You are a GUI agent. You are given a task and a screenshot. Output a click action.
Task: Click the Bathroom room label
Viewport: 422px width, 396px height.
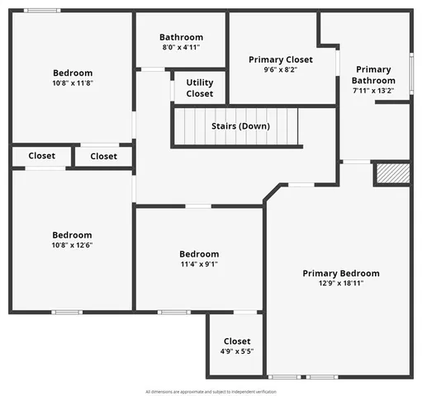pos(181,37)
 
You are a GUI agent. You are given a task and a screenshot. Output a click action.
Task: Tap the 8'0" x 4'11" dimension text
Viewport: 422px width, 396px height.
pos(181,48)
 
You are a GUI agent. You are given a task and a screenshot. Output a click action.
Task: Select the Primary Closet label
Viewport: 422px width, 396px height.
pos(281,59)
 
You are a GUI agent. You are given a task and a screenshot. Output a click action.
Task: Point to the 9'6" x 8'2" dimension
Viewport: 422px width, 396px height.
pos(281,70)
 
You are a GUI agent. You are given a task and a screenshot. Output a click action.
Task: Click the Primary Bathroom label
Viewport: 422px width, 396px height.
pos(374,74)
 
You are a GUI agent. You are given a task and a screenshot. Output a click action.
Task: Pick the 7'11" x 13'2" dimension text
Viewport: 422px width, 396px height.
pos(374,91)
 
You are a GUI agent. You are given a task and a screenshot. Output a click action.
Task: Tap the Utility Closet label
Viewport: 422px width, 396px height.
pos(199,87)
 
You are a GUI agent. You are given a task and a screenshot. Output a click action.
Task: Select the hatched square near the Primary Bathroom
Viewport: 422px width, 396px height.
pos(392,173)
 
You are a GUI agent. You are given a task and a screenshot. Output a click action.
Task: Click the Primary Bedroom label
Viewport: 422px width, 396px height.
pos(340,273)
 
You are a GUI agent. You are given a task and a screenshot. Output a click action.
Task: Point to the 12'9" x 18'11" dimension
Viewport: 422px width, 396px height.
pos(340,284)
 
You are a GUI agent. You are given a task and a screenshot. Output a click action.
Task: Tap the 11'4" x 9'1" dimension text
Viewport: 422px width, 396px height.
pos(199,264)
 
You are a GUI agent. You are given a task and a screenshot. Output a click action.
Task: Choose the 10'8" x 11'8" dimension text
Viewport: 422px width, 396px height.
pos(73,83)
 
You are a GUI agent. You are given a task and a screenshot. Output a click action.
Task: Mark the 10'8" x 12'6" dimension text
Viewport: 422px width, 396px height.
pos(73,246)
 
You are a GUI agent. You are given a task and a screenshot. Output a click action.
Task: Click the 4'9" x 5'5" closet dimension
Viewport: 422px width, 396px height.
pos(237,351)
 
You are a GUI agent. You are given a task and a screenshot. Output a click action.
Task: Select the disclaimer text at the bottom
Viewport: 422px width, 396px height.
pos(211,391)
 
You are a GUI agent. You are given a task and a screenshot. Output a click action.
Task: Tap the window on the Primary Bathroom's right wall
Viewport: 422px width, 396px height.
pos(411,76)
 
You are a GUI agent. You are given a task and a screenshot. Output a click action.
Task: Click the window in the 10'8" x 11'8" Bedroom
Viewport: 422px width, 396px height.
pos(41,10)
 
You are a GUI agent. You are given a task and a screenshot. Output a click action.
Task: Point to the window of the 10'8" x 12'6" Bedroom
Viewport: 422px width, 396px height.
pos(67,312)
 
